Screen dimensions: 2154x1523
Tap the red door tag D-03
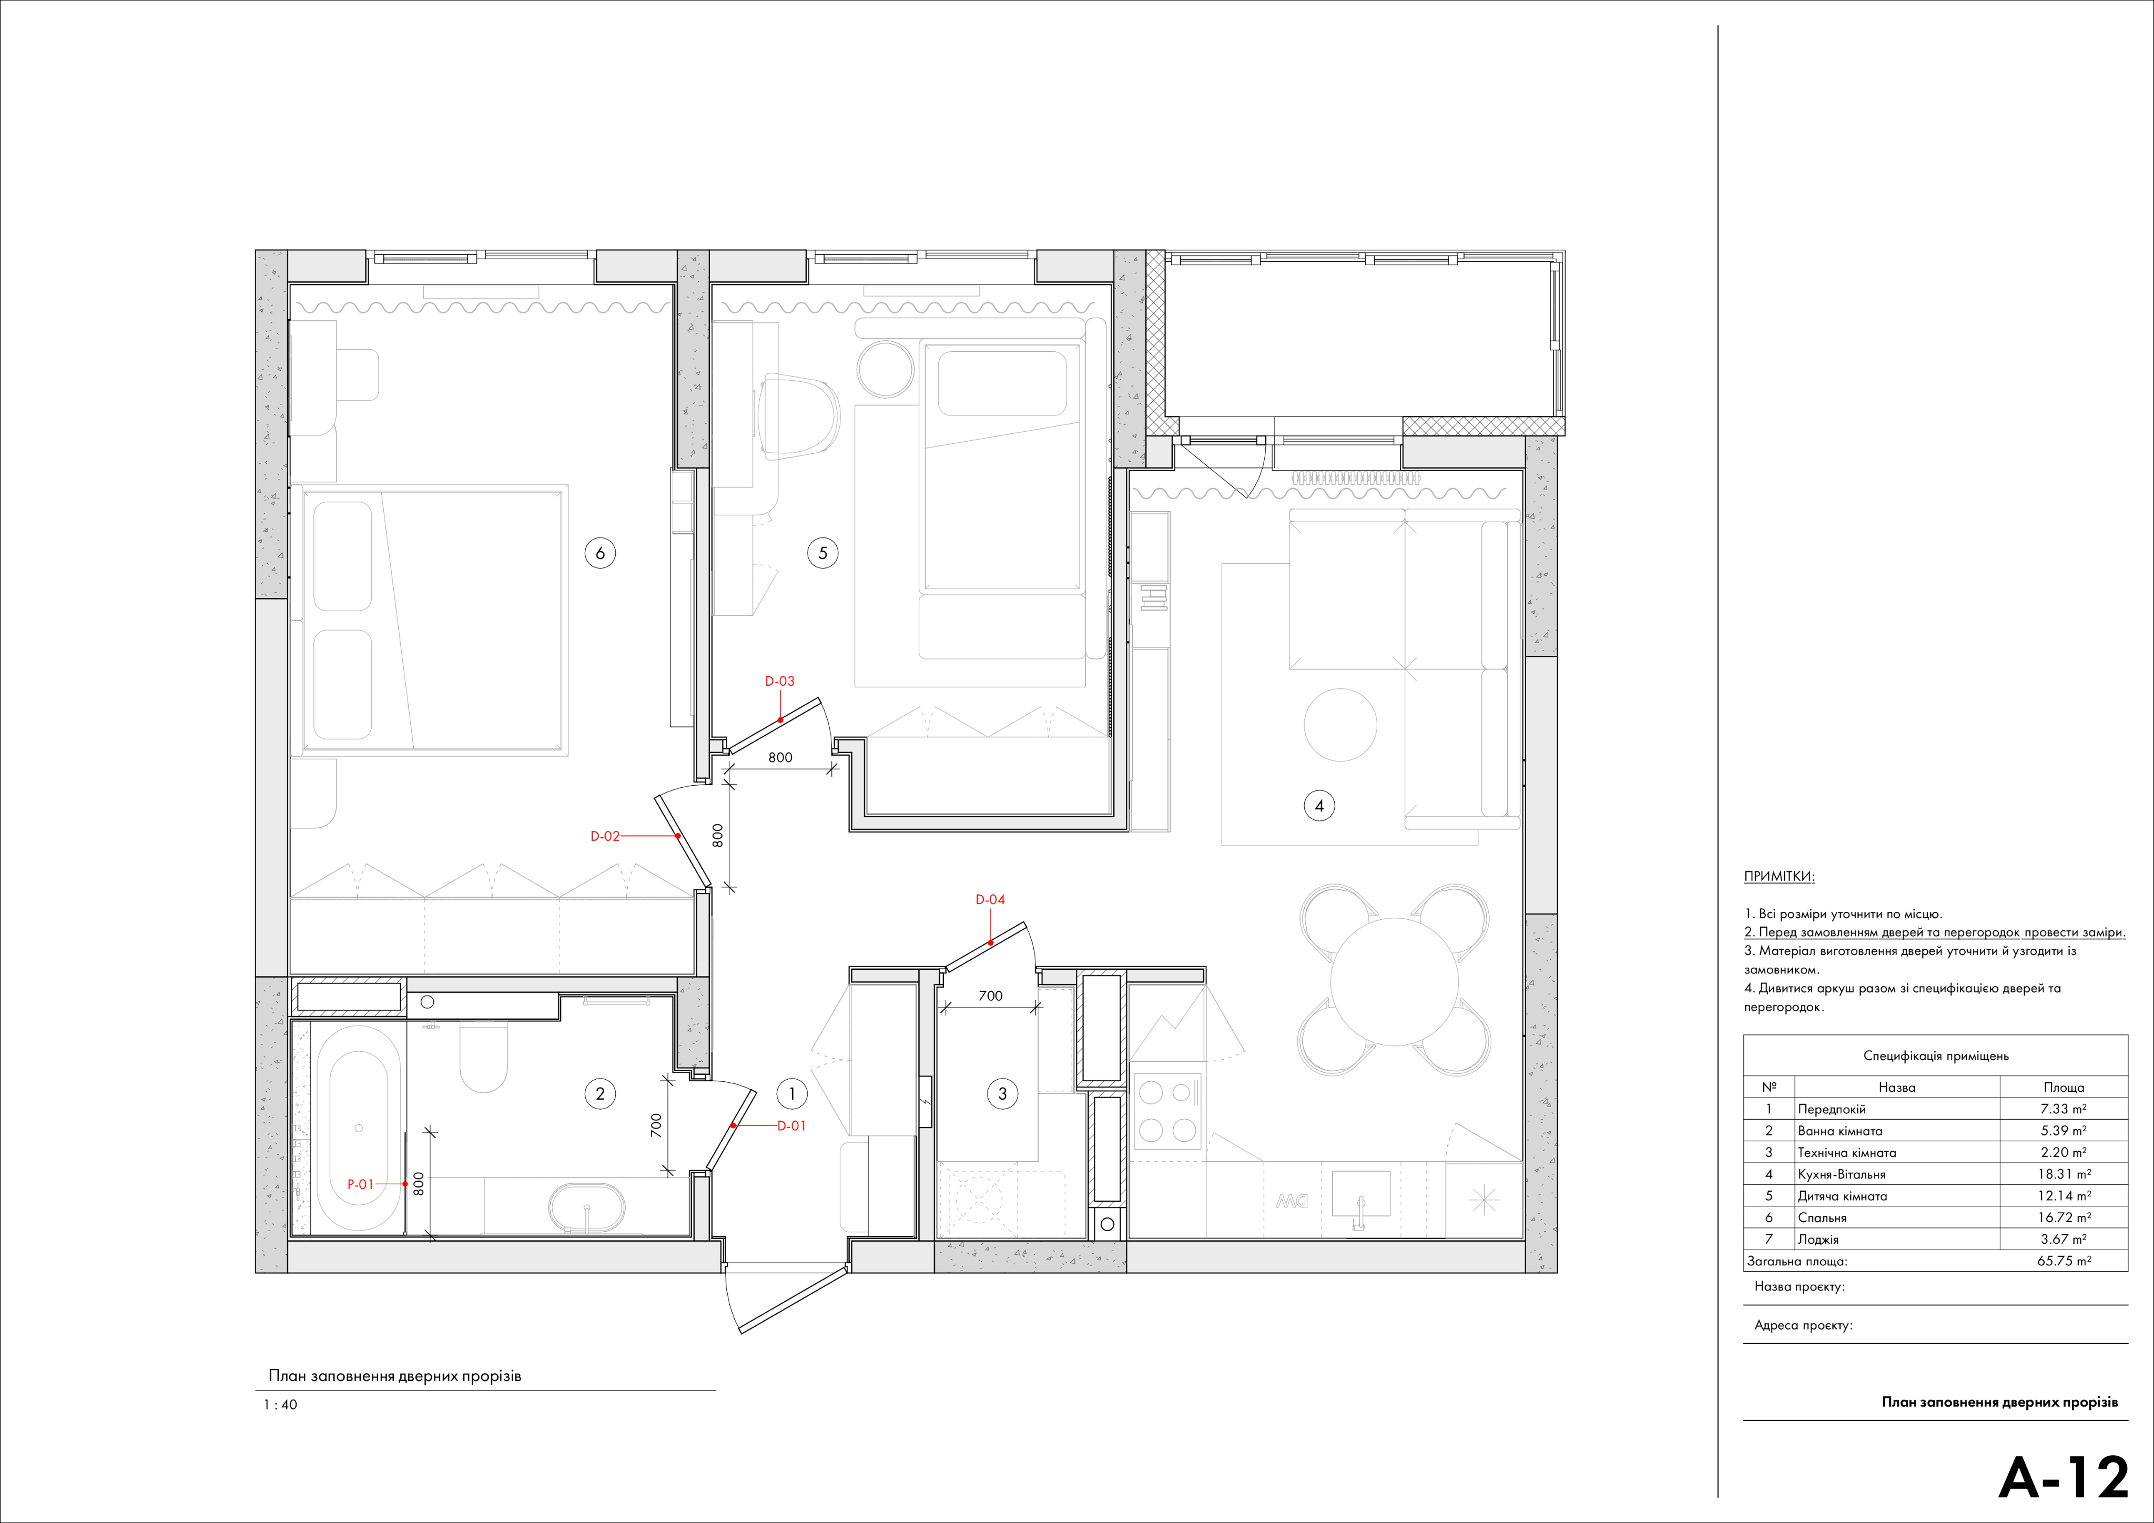(779, 681)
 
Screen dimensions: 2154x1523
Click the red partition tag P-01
(360, 1184)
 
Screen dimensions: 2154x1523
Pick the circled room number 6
(601, 553)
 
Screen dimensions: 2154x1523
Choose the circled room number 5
(823, 553)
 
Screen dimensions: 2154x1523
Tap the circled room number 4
(1319, 805)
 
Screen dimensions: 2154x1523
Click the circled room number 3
(1002, 1093)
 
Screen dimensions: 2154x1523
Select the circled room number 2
(601, 1093)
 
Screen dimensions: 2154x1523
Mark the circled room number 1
(792, 1093)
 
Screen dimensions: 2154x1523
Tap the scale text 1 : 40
(280, 1405)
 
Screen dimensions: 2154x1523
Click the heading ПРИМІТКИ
(1779, 877)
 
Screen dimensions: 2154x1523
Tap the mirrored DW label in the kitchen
(1293, 1200)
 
